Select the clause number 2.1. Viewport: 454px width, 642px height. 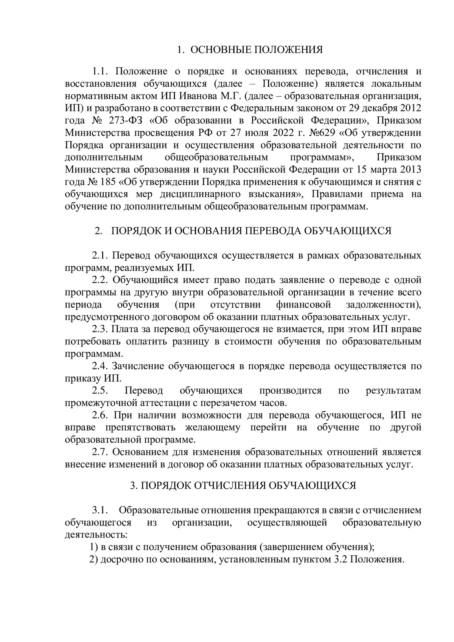[100, 256]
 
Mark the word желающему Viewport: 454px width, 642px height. [213, 427]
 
